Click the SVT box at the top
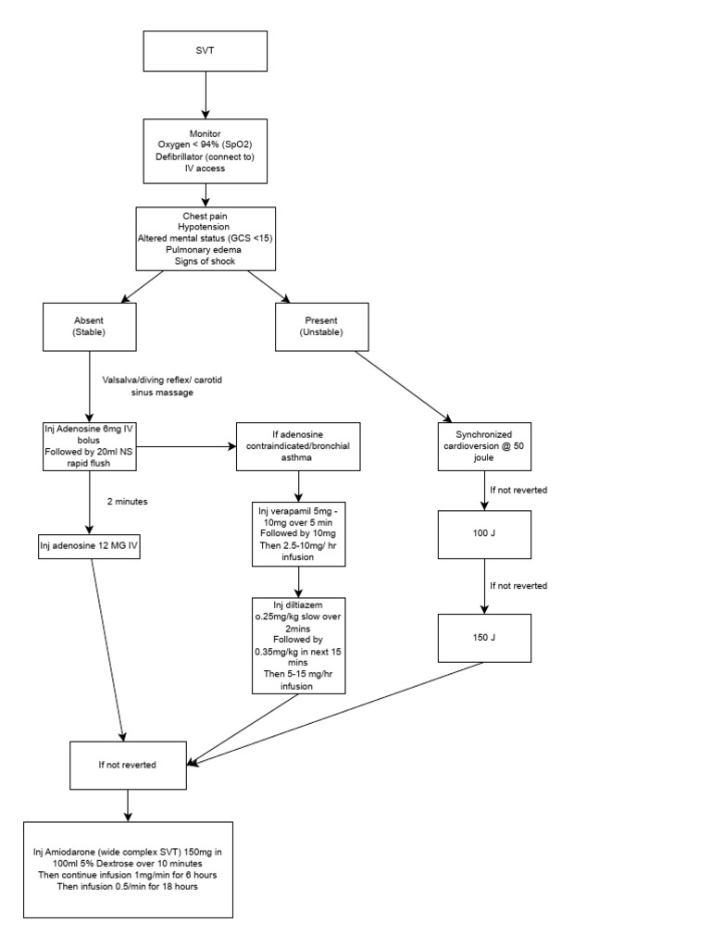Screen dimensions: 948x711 205,52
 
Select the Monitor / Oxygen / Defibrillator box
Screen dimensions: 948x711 205,151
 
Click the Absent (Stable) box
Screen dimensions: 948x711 89,327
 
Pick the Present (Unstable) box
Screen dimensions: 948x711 323,327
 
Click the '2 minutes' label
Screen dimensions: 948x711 127,501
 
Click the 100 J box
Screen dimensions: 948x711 484,534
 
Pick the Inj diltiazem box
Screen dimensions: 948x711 298,645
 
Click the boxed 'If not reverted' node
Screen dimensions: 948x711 127,765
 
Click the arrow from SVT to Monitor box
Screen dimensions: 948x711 205,95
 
